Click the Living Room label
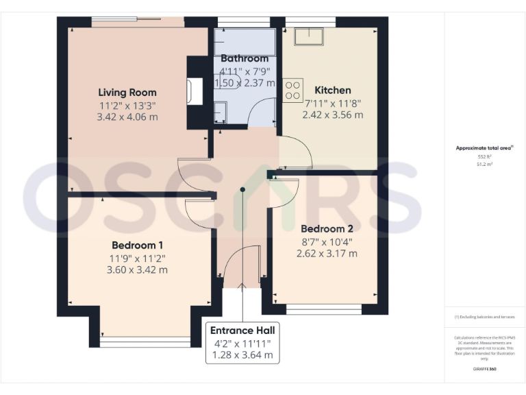pyautogui.click(x=127, y=92)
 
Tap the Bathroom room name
pyautogui.click(x=245, y=59)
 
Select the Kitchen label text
pyautogui.click(x=333, y=90)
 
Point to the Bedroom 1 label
pyautogui.click(x=138, y=245)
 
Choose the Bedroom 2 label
pyautogui.click(x=327, y=228)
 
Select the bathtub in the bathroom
pyautogui.click(x=245, y=40)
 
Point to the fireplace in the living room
pyautogui.click(x=195, y=91)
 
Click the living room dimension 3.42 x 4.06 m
pyautogui.click(x=127, y=117)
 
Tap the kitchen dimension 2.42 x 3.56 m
pyautogui.click(x=333, y=115)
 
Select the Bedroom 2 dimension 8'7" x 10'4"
pyautogui.click(x=327, y=241)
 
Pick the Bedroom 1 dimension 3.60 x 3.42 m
pyautogui.click(x=138, y=270)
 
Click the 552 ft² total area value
pyautogui.click(x=484, y=157)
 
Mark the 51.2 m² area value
pyautogui.click(x=484, y=165)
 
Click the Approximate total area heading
pyautogui.click(x=484, y=147)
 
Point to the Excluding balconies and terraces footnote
pyautogui.click(x=484, y=317)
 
